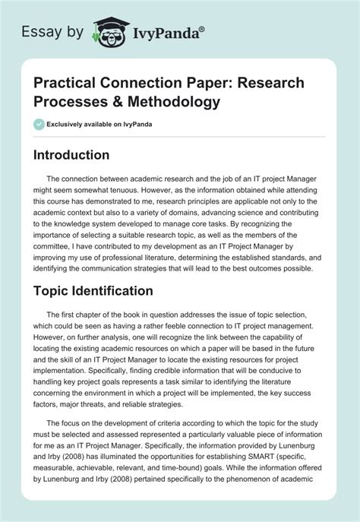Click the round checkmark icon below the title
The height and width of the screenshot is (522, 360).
click(39, 124)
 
